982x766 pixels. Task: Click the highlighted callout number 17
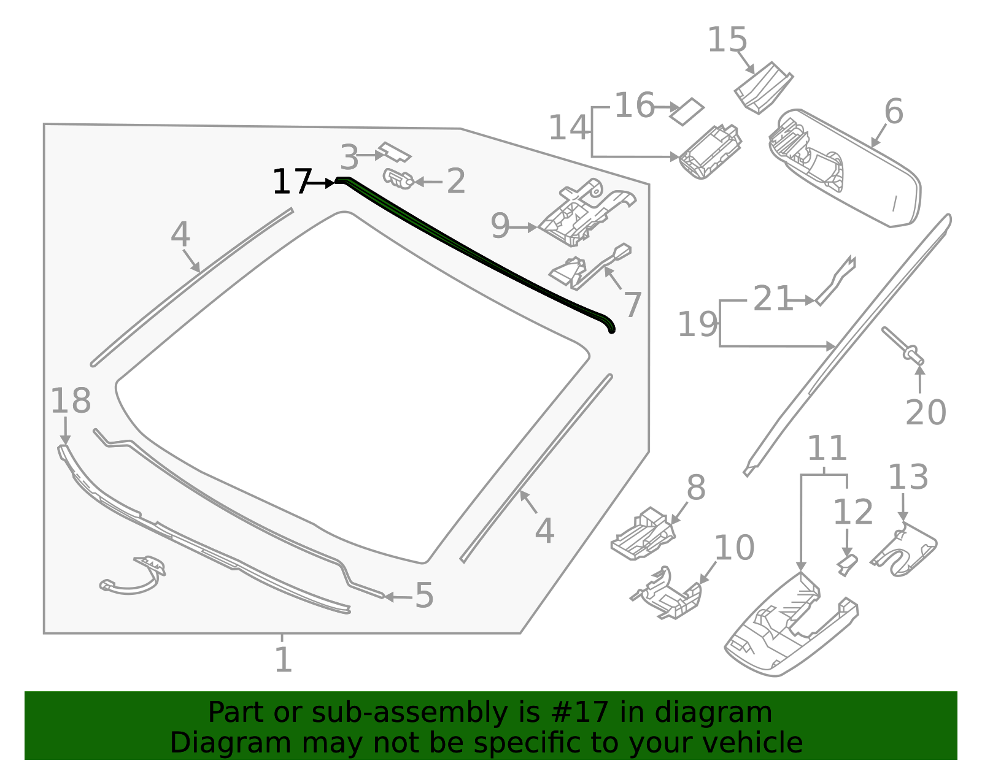pos(290,182)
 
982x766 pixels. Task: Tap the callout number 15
pos(727,40)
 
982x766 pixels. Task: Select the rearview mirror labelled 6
pos(847,169)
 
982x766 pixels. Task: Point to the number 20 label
pos(926,412)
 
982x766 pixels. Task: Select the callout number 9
pos(500,226)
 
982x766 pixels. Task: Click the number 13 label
pos(908,477)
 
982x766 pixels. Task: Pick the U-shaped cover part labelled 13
pos(905,551)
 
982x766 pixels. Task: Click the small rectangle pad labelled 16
pos(687,111)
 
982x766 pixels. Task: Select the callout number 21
pos(772,299)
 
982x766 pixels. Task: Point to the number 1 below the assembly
pos(283,661)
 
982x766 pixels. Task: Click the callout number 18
pos(70,401)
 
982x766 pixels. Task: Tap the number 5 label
pos(424,596)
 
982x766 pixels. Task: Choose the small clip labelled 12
pos(847,564)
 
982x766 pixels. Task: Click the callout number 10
pos(734,548)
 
